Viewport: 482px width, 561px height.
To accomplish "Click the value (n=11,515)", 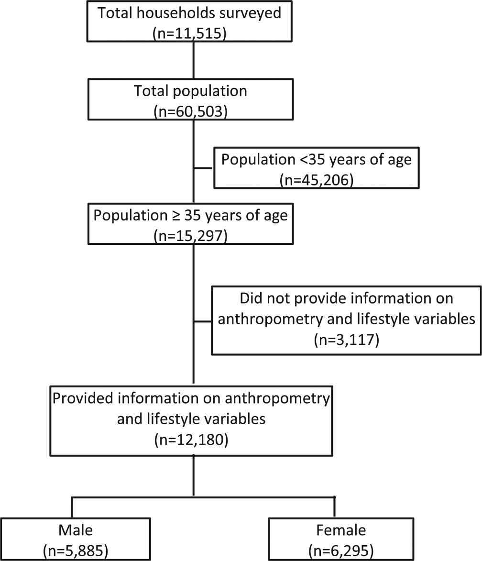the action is [x=190, y=33].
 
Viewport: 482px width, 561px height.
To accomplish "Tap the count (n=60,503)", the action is [x=190, y=111].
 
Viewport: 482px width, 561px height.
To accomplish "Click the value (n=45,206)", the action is [x=317, y=180].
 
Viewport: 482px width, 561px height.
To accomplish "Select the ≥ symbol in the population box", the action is [x=176, y=216].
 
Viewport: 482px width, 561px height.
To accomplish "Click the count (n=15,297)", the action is [x=190, y=236].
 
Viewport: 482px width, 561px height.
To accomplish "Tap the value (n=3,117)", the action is [x=346, y=340].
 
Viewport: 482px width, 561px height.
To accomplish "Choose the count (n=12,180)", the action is [x=191, y=440].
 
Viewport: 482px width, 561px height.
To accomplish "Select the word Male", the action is [x=76, y=530].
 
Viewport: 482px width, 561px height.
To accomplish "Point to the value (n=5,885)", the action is [x=76, y=550].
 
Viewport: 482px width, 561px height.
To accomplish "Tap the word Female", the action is [x=341, y=530].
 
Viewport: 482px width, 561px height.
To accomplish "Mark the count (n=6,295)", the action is [x=341, y=550].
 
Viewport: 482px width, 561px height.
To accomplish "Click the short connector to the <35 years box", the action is [x=204, y=168].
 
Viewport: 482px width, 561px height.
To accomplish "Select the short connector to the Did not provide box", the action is [x=203, y=321].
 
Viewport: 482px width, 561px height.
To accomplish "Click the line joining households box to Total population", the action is [x=194, y=60].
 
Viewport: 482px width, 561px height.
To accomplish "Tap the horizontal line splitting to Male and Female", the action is [x=203, y=497].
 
